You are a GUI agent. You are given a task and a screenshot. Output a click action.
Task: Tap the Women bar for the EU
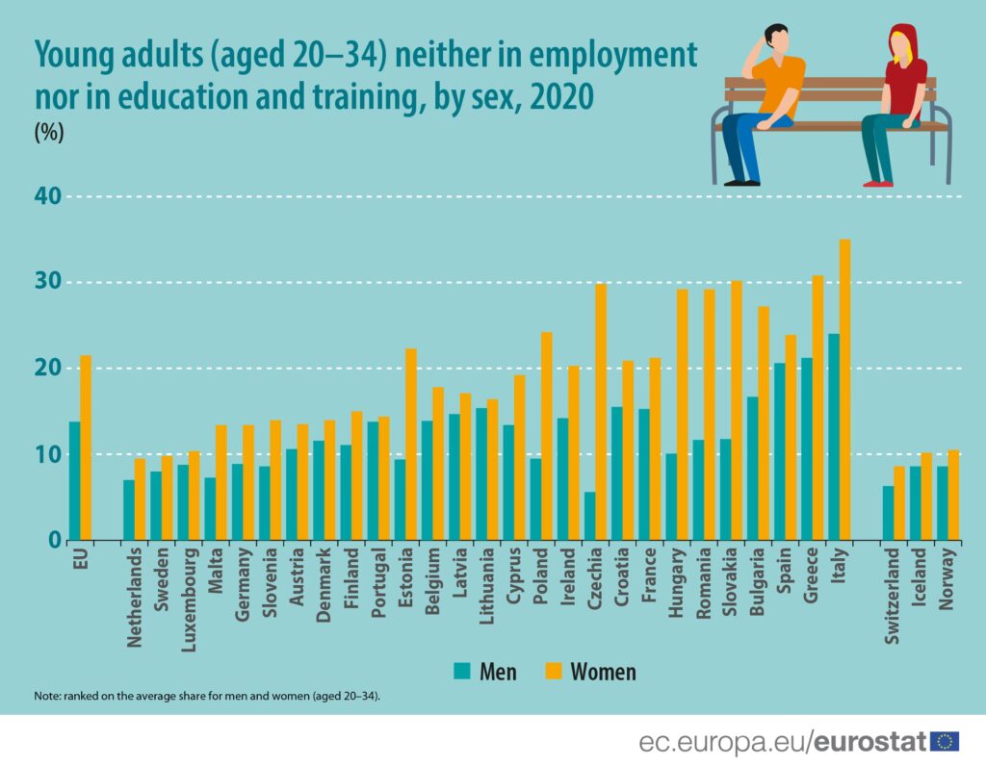(x=86, y=447)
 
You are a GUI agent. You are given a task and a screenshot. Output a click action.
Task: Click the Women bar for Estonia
(x=411, y=444)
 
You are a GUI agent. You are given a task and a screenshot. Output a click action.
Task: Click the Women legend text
(x=603, y=671)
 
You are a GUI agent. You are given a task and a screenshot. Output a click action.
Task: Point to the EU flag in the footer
(x=944, y=741)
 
